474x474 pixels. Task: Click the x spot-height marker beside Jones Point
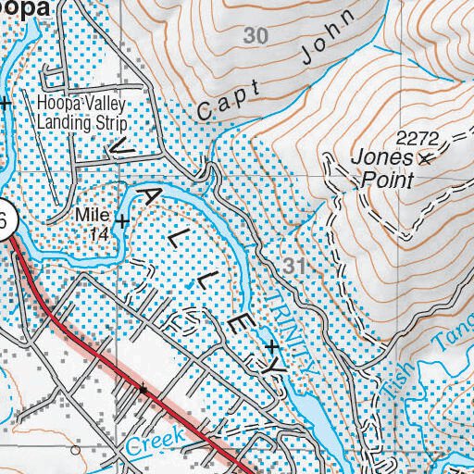[x=426, y=159]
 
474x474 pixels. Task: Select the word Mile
[x=93, y=214]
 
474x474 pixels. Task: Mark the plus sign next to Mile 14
[x=121, y=220]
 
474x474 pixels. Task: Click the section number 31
[x=295, y=267]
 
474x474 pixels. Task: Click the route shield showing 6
[x=5, y=223]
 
